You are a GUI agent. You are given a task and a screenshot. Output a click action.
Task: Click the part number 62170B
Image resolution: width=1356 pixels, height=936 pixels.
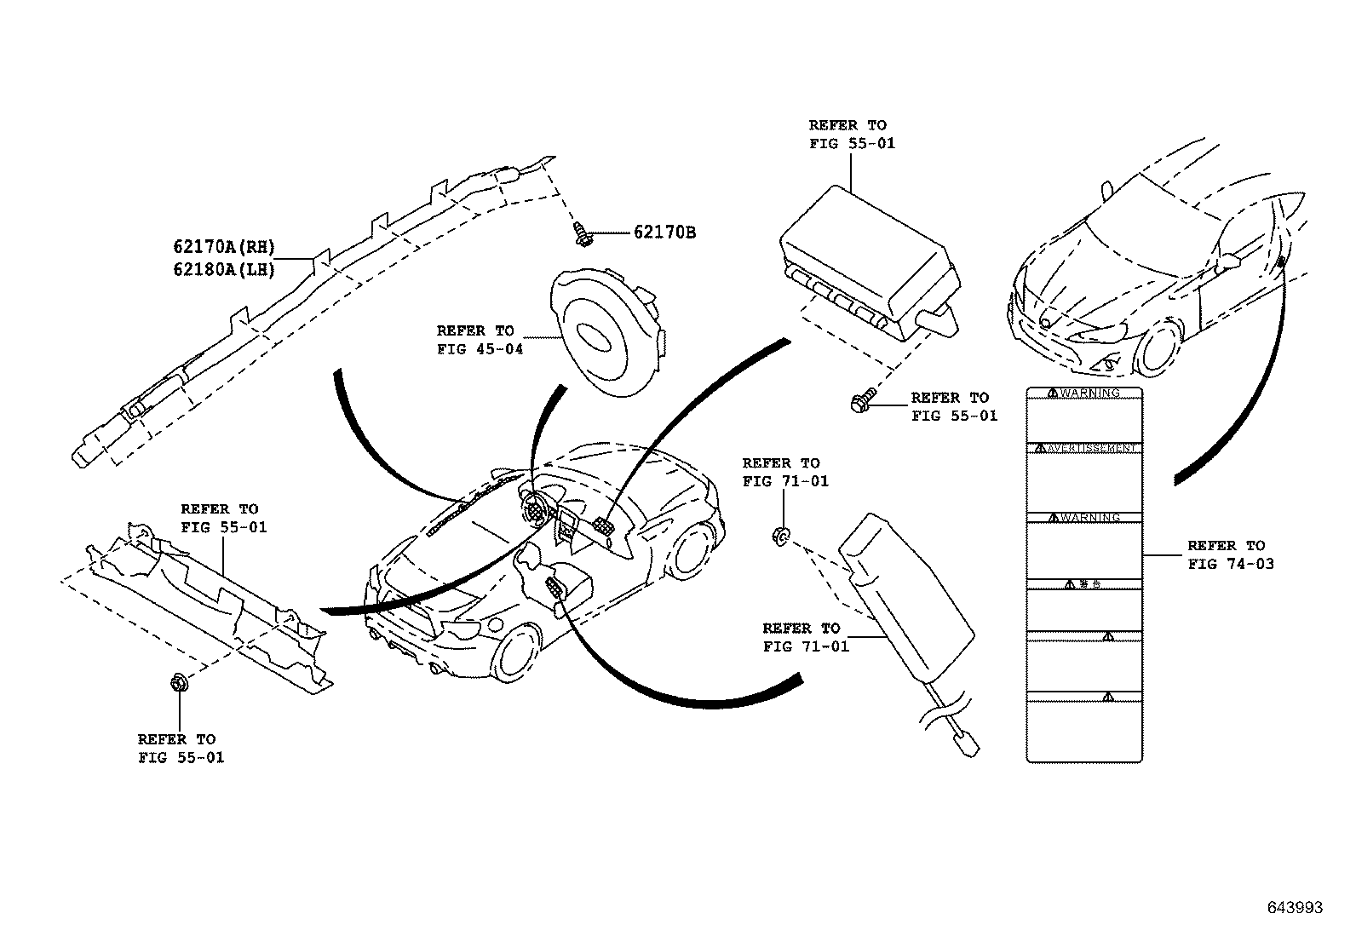click(x=664, y=232)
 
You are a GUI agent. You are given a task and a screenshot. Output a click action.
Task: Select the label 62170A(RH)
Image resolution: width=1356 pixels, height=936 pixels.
click(x=224, y=248)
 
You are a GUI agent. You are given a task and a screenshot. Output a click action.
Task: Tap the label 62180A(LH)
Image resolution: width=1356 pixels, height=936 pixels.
click(x=224, y=270)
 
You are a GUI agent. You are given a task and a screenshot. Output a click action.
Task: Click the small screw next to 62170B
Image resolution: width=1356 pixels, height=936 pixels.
click(x=583, y=234)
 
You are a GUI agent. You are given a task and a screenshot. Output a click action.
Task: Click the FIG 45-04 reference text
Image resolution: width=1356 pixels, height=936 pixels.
click(x=480, y=348)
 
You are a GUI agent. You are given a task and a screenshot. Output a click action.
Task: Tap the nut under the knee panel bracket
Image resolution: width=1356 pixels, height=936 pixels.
click(x=180, y=683)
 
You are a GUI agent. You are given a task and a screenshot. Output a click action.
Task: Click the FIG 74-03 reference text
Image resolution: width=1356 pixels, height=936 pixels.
click(x=1231, y=563)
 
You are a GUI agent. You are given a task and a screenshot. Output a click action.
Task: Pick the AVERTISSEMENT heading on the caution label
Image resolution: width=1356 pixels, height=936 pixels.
click(x=1083, y=448)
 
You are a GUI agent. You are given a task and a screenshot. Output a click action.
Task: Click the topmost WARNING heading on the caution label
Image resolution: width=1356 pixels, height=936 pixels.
click(x=1083, y=393)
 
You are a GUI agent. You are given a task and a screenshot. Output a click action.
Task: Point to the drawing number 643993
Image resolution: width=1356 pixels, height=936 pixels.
click(x=1295, y=908)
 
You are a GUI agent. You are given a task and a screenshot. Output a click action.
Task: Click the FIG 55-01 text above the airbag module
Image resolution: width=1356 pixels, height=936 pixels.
click(x=852, y=143)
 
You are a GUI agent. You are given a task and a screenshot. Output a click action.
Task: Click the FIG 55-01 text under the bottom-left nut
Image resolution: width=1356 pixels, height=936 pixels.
click(x=181, y=757)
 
